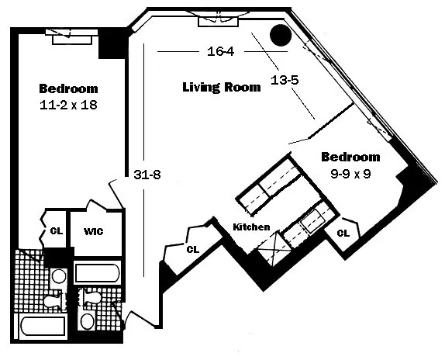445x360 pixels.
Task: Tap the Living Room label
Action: [x=221, y=87]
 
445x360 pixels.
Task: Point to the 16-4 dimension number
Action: [x=221, y=52]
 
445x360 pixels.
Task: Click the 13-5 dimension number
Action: [x=285, y=79]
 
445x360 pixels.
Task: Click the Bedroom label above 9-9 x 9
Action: [x=350, y=156]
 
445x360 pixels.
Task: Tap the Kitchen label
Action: [x=252, y=227]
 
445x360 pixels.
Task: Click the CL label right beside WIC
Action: [x=55, y=231]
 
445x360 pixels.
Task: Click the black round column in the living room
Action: [x=279, y=35]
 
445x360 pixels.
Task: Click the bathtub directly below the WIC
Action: [x=97, y=273]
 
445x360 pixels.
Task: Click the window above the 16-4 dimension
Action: [x=219, y=19]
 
